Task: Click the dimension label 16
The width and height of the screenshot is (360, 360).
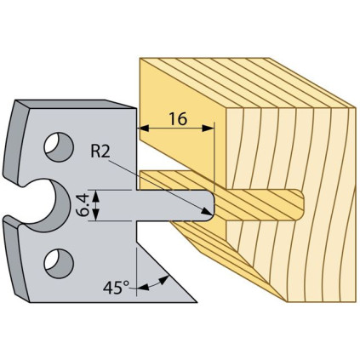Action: click(x=178, y=118)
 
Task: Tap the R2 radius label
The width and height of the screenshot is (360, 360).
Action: click(x=100, y=151)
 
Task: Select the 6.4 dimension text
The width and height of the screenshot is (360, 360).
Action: click(x=83, y=205)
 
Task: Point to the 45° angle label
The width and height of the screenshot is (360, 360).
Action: click(x=116, y=288)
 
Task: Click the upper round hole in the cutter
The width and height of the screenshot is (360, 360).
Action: click(x=59, y=146)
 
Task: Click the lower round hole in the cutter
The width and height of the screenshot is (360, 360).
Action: click(x=59, y=264)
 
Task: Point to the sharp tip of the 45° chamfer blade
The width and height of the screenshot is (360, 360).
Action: click(x=197, y=302)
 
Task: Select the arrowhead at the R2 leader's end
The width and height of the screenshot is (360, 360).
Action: click(x=208, y=211)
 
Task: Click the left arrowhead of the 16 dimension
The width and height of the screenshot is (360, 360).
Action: click(x=144, y=129)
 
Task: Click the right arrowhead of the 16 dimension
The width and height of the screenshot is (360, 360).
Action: click(x=209, y=129)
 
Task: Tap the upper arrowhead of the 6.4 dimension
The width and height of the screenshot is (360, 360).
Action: click(x=96, y=195)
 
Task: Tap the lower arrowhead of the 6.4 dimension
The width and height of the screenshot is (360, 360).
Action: click(x=96, y=215)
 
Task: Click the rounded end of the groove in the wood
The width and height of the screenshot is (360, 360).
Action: click(x=300, y=205)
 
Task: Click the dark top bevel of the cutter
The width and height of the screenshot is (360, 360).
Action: click(x=74, y=104)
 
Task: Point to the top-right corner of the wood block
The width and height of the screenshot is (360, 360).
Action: click(x=356, y=108)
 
